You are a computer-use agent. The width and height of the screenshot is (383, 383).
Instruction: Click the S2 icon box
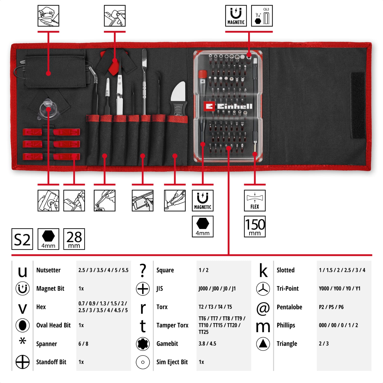(22, 239)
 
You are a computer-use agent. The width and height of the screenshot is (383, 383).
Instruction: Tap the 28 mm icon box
(74, 239)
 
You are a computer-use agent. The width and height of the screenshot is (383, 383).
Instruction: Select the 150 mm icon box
(255, 226)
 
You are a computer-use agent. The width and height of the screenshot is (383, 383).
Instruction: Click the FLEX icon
(255, 200)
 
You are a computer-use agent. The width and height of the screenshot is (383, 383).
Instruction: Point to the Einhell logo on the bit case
(228, 106)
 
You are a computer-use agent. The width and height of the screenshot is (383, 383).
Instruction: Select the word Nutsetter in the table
(49, 270)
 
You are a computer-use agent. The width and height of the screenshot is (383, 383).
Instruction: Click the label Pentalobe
(289, 307)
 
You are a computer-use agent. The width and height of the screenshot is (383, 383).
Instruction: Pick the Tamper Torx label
(172, 325)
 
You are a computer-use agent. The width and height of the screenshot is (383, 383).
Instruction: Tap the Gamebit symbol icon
(143, 344)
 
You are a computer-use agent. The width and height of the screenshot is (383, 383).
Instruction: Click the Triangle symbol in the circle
(263, 344)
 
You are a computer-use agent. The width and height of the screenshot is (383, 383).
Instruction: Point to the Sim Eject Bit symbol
(143, 362)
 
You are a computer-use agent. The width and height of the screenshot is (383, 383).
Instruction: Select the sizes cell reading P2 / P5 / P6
(331, 307)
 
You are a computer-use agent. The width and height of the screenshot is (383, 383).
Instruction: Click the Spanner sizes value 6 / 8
(83, 344)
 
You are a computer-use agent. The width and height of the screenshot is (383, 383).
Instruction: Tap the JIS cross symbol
(143, 289)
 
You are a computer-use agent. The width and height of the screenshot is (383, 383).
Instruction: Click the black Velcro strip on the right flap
(358, 105)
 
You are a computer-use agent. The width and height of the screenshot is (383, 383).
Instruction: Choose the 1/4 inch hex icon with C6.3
(262, 16)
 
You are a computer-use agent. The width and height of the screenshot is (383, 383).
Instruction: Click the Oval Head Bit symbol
(22, 325)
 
